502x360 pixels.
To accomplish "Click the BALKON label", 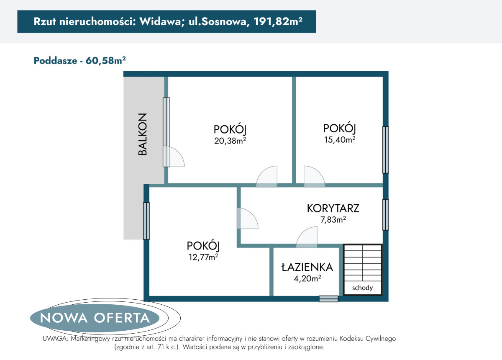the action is tap(143, 134).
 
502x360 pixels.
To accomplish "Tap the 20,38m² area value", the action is tap(230, 141).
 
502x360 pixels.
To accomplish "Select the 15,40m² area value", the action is tap(340, 139).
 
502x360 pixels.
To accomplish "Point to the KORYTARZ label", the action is tap(333, 208).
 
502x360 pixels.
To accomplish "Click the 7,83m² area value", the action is tap(333, 219).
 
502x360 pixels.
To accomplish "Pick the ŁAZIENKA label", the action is tap(307, 267).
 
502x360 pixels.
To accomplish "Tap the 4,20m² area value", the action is tap(307, 278).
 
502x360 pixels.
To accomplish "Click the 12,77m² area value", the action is tap(203, 257).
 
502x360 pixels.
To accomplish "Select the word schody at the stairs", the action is tap(362, 288).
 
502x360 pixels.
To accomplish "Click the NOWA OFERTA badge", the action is tap(95, 318).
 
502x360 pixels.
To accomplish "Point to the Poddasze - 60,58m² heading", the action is tap(79, 61).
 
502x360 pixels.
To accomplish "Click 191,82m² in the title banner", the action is tap(278, 21).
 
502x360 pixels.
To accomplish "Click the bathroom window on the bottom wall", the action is tap(328, 299).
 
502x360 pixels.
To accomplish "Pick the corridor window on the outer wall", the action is tap(385, 215).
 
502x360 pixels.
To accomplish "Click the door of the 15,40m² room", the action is tap(314, 177).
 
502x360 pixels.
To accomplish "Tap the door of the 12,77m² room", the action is tap(248, 218).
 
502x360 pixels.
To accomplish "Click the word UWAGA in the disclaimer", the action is tap(55, 339).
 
